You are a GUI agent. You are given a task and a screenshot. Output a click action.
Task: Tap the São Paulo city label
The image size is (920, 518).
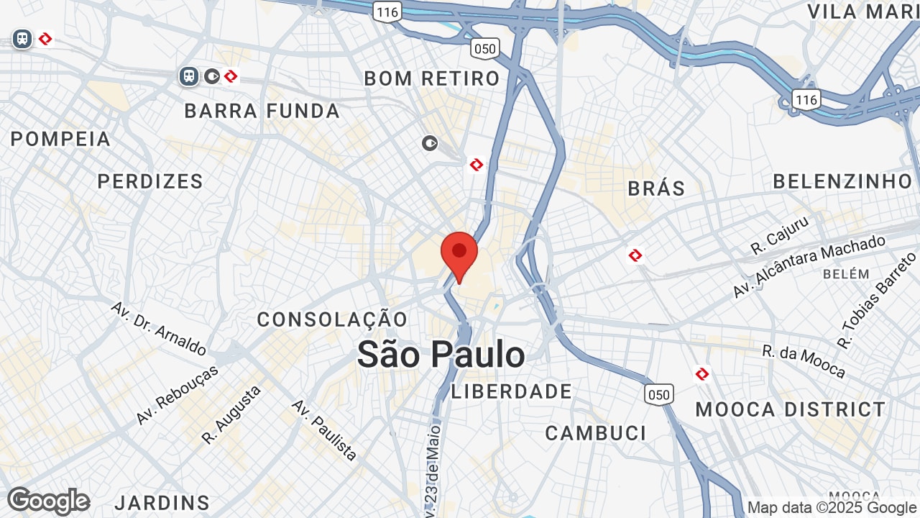441,355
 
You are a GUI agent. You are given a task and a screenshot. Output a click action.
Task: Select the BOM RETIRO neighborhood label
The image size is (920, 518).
432,78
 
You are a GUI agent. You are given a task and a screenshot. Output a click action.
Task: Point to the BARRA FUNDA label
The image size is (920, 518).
262,111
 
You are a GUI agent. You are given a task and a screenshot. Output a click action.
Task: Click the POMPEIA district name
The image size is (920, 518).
61,139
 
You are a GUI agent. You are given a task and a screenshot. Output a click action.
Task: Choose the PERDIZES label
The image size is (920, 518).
151,181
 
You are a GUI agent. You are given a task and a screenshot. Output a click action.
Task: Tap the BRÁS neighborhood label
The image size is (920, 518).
656,188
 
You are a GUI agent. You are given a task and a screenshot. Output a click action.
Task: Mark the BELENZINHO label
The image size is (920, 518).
842,181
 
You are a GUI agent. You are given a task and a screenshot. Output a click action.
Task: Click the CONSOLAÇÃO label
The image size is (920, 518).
332,319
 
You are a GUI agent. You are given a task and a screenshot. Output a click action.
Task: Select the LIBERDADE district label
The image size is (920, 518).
512,392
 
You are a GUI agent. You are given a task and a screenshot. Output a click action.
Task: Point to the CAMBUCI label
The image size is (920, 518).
596,433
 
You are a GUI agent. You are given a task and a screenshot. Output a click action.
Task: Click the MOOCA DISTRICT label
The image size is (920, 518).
791,409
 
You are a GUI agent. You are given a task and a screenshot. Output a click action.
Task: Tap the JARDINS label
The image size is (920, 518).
162,502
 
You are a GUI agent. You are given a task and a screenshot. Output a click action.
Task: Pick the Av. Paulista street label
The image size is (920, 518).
324,430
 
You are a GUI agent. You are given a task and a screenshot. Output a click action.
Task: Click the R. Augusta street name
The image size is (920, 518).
231,414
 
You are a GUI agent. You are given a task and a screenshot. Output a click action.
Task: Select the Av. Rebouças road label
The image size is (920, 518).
177,395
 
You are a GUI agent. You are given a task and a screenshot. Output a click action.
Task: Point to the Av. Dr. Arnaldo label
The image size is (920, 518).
159,328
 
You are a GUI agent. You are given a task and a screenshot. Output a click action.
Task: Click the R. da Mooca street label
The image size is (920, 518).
804,361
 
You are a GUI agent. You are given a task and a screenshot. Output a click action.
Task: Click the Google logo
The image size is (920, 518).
48,501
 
